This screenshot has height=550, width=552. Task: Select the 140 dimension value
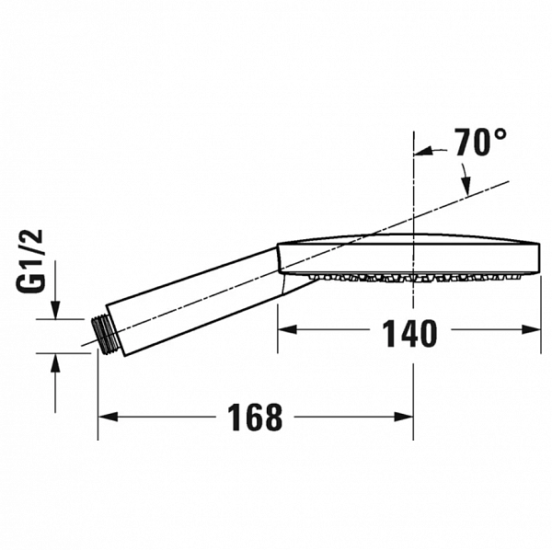click(x=410, y=334)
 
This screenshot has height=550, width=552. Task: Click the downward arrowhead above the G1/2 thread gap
click(x=56, y=312)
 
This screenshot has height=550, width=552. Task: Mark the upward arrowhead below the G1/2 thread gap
click(x=56, y=361)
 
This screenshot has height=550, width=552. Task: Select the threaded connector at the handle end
click(x=108, y=333)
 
